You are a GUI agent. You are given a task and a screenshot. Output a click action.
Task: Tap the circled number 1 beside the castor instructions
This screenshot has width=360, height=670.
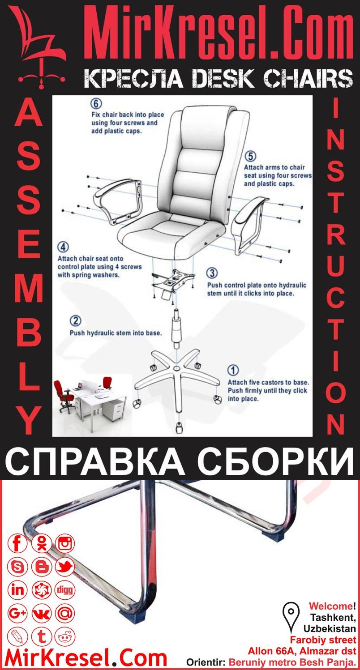tap(233, 371)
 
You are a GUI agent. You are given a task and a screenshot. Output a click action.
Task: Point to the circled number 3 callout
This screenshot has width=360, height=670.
tap(212, 273)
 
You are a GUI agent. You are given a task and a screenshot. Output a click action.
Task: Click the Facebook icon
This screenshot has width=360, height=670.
tap(18, 544)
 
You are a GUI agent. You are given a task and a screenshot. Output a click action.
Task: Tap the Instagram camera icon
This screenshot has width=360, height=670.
tap(65, 544)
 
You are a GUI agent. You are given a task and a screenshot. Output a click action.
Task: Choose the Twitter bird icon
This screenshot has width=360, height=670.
tap(65, 567)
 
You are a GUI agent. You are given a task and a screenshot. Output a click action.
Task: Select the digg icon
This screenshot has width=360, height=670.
tap(65, 590)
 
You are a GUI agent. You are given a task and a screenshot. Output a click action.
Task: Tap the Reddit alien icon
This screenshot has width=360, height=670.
tap(65, 636)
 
